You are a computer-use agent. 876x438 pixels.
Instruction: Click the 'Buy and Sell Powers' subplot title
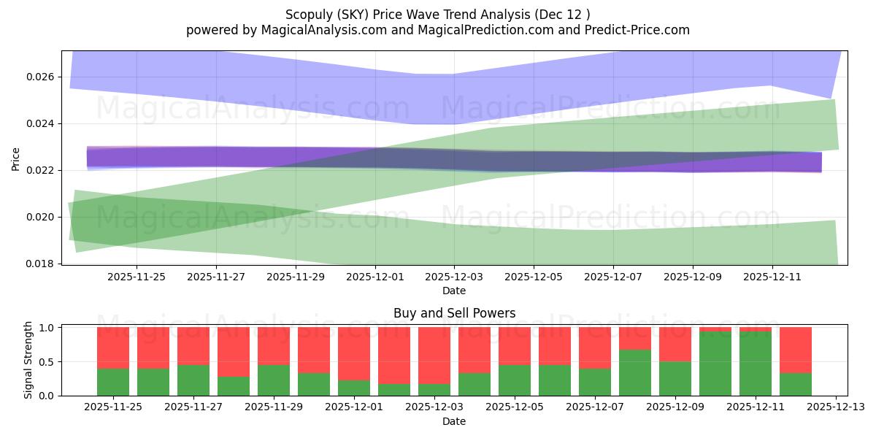tap(454, 313)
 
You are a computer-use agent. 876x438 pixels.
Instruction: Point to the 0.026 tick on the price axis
tap(41, 77)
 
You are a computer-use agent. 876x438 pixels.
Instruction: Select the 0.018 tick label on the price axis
tap(41, 264)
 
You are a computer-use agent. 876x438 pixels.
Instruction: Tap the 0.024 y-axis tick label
tap(41, 123)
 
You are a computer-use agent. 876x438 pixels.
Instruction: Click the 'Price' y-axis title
tap(16, 158)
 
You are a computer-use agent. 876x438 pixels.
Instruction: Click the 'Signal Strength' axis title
tap(28, 360)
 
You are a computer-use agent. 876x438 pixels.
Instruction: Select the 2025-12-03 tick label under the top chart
tap(454, 277)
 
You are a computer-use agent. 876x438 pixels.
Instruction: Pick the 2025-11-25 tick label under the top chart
tap(137, 277)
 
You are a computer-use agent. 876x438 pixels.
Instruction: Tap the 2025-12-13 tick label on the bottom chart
tap(836, 407)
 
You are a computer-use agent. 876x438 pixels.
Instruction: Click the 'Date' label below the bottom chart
tap(454, 421)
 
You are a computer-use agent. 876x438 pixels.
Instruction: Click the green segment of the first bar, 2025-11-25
tap(113, 382)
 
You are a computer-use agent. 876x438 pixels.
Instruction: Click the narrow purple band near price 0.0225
tap(292, 157)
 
